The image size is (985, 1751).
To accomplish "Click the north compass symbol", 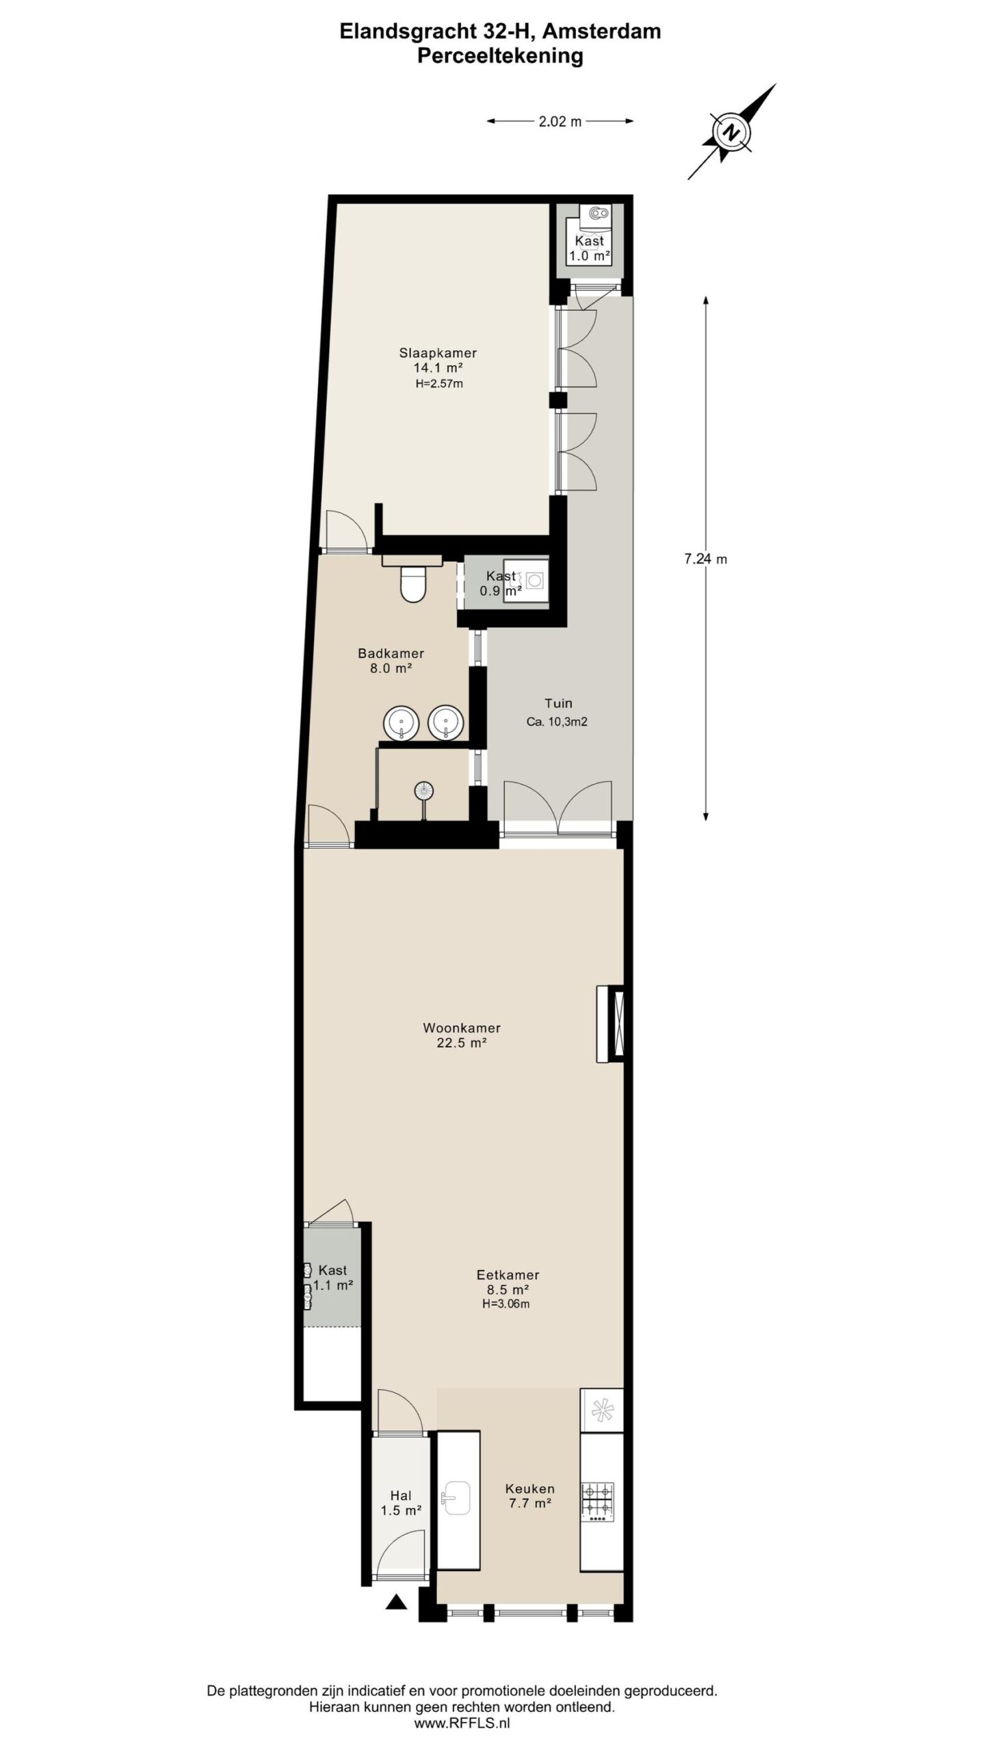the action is (x=732, y=132).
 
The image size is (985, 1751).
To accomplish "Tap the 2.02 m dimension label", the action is (x=560, y=122).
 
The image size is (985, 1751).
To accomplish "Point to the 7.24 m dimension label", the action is (x=706, y=559).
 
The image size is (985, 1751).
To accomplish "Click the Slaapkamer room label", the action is (x=438, y=353).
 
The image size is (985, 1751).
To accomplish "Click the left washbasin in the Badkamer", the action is (x=400, y=723).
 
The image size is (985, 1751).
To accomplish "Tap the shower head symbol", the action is (x=424, y=791).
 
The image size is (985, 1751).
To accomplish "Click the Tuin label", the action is (x=558, y=703).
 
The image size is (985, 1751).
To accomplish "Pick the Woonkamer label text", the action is (x=462, y=1027).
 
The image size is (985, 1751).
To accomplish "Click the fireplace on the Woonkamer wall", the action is (x=610, y=1023).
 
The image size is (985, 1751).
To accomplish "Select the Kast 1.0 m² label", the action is (x=589, y=248).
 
